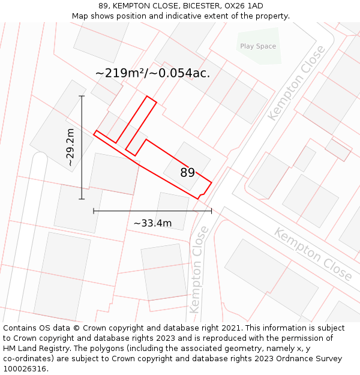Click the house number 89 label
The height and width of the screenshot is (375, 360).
(x=187, y=173)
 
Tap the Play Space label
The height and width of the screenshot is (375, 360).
(x=258, y=46)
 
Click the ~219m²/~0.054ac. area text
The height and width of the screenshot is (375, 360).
(x=152, y=73)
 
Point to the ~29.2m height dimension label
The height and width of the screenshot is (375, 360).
(x=71, y=147)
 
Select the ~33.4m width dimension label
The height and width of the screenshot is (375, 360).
(x=152, y=223)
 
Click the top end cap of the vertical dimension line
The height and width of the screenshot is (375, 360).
(x=82, y=96)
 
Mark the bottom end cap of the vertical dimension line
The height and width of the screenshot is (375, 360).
(x=82, y=199)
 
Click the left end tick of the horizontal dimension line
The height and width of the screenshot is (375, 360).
(x=94, y=211)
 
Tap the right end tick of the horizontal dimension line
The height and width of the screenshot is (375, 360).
(x=211, y=211)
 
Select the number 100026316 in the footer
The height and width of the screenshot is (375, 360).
(x=24, y=369)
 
